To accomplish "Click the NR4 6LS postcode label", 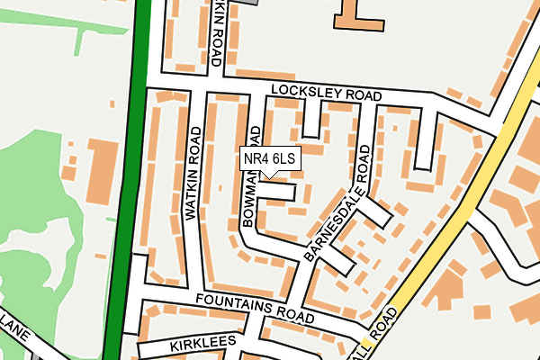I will [x=269, y=159].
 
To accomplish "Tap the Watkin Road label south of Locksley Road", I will [x=192, y=174].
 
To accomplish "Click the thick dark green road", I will [x=126, y=180].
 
